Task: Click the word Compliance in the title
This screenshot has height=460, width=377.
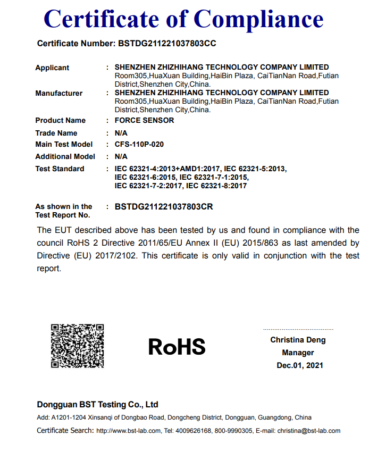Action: coord(259,19)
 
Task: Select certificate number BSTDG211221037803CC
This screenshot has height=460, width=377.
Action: coord(166,44)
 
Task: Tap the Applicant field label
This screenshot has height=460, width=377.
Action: coord(52,68)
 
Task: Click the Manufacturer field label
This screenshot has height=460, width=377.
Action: coord(58,93)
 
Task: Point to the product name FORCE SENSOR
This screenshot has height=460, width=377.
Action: coord(144,120)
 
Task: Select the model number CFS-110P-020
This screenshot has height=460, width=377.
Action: coord(140,144)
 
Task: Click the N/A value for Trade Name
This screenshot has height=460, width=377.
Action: coord(121,133)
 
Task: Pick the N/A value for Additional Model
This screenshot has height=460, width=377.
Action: coord(121,156)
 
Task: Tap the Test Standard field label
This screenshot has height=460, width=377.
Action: coord(60,169)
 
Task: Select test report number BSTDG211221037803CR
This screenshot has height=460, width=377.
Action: coord(164,206)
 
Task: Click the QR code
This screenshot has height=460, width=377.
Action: coord(77,346)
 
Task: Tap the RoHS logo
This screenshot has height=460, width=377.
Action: coord(177,347)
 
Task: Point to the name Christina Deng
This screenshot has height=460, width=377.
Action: coord(298,340)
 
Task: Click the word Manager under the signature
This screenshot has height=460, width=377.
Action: coord(298,353)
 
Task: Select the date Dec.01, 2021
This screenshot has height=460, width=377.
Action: coord(300,365)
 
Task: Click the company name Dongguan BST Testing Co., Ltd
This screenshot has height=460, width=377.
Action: coord(97,404)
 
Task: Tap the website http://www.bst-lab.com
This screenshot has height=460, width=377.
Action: coord(128,431)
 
